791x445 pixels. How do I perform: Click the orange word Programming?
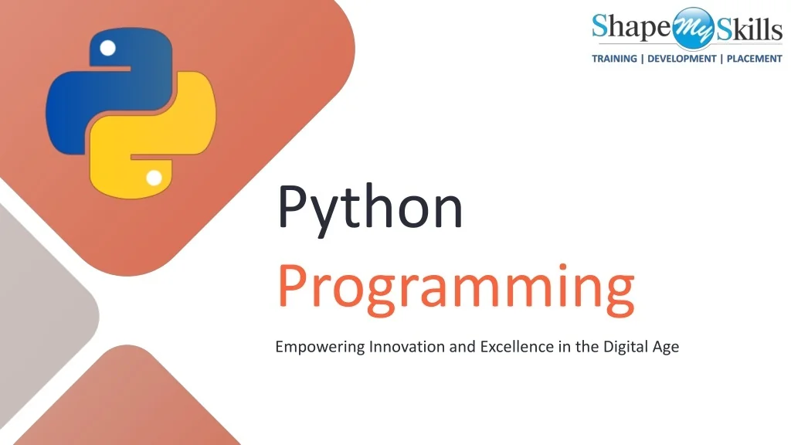pyautogui.click(x=456, y=290)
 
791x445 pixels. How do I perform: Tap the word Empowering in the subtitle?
pyautogui.click(x=320, y=347)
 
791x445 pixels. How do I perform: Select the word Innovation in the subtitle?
pyautogui.click(x=407, y=346)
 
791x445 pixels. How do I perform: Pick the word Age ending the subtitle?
pyautogui.click(x=666, y=347)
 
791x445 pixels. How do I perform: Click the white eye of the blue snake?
pyautogui.click(x=108, y=49)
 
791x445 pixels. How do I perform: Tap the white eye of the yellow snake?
pyautogui.click(x=154, y=178)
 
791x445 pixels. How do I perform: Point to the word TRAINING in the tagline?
pyautogui.click(x=614, y=59)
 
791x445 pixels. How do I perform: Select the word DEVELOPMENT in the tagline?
pyautogui.click(x=681, y=59)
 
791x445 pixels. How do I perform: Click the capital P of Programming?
pyautogui.click(x=291, y=287)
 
